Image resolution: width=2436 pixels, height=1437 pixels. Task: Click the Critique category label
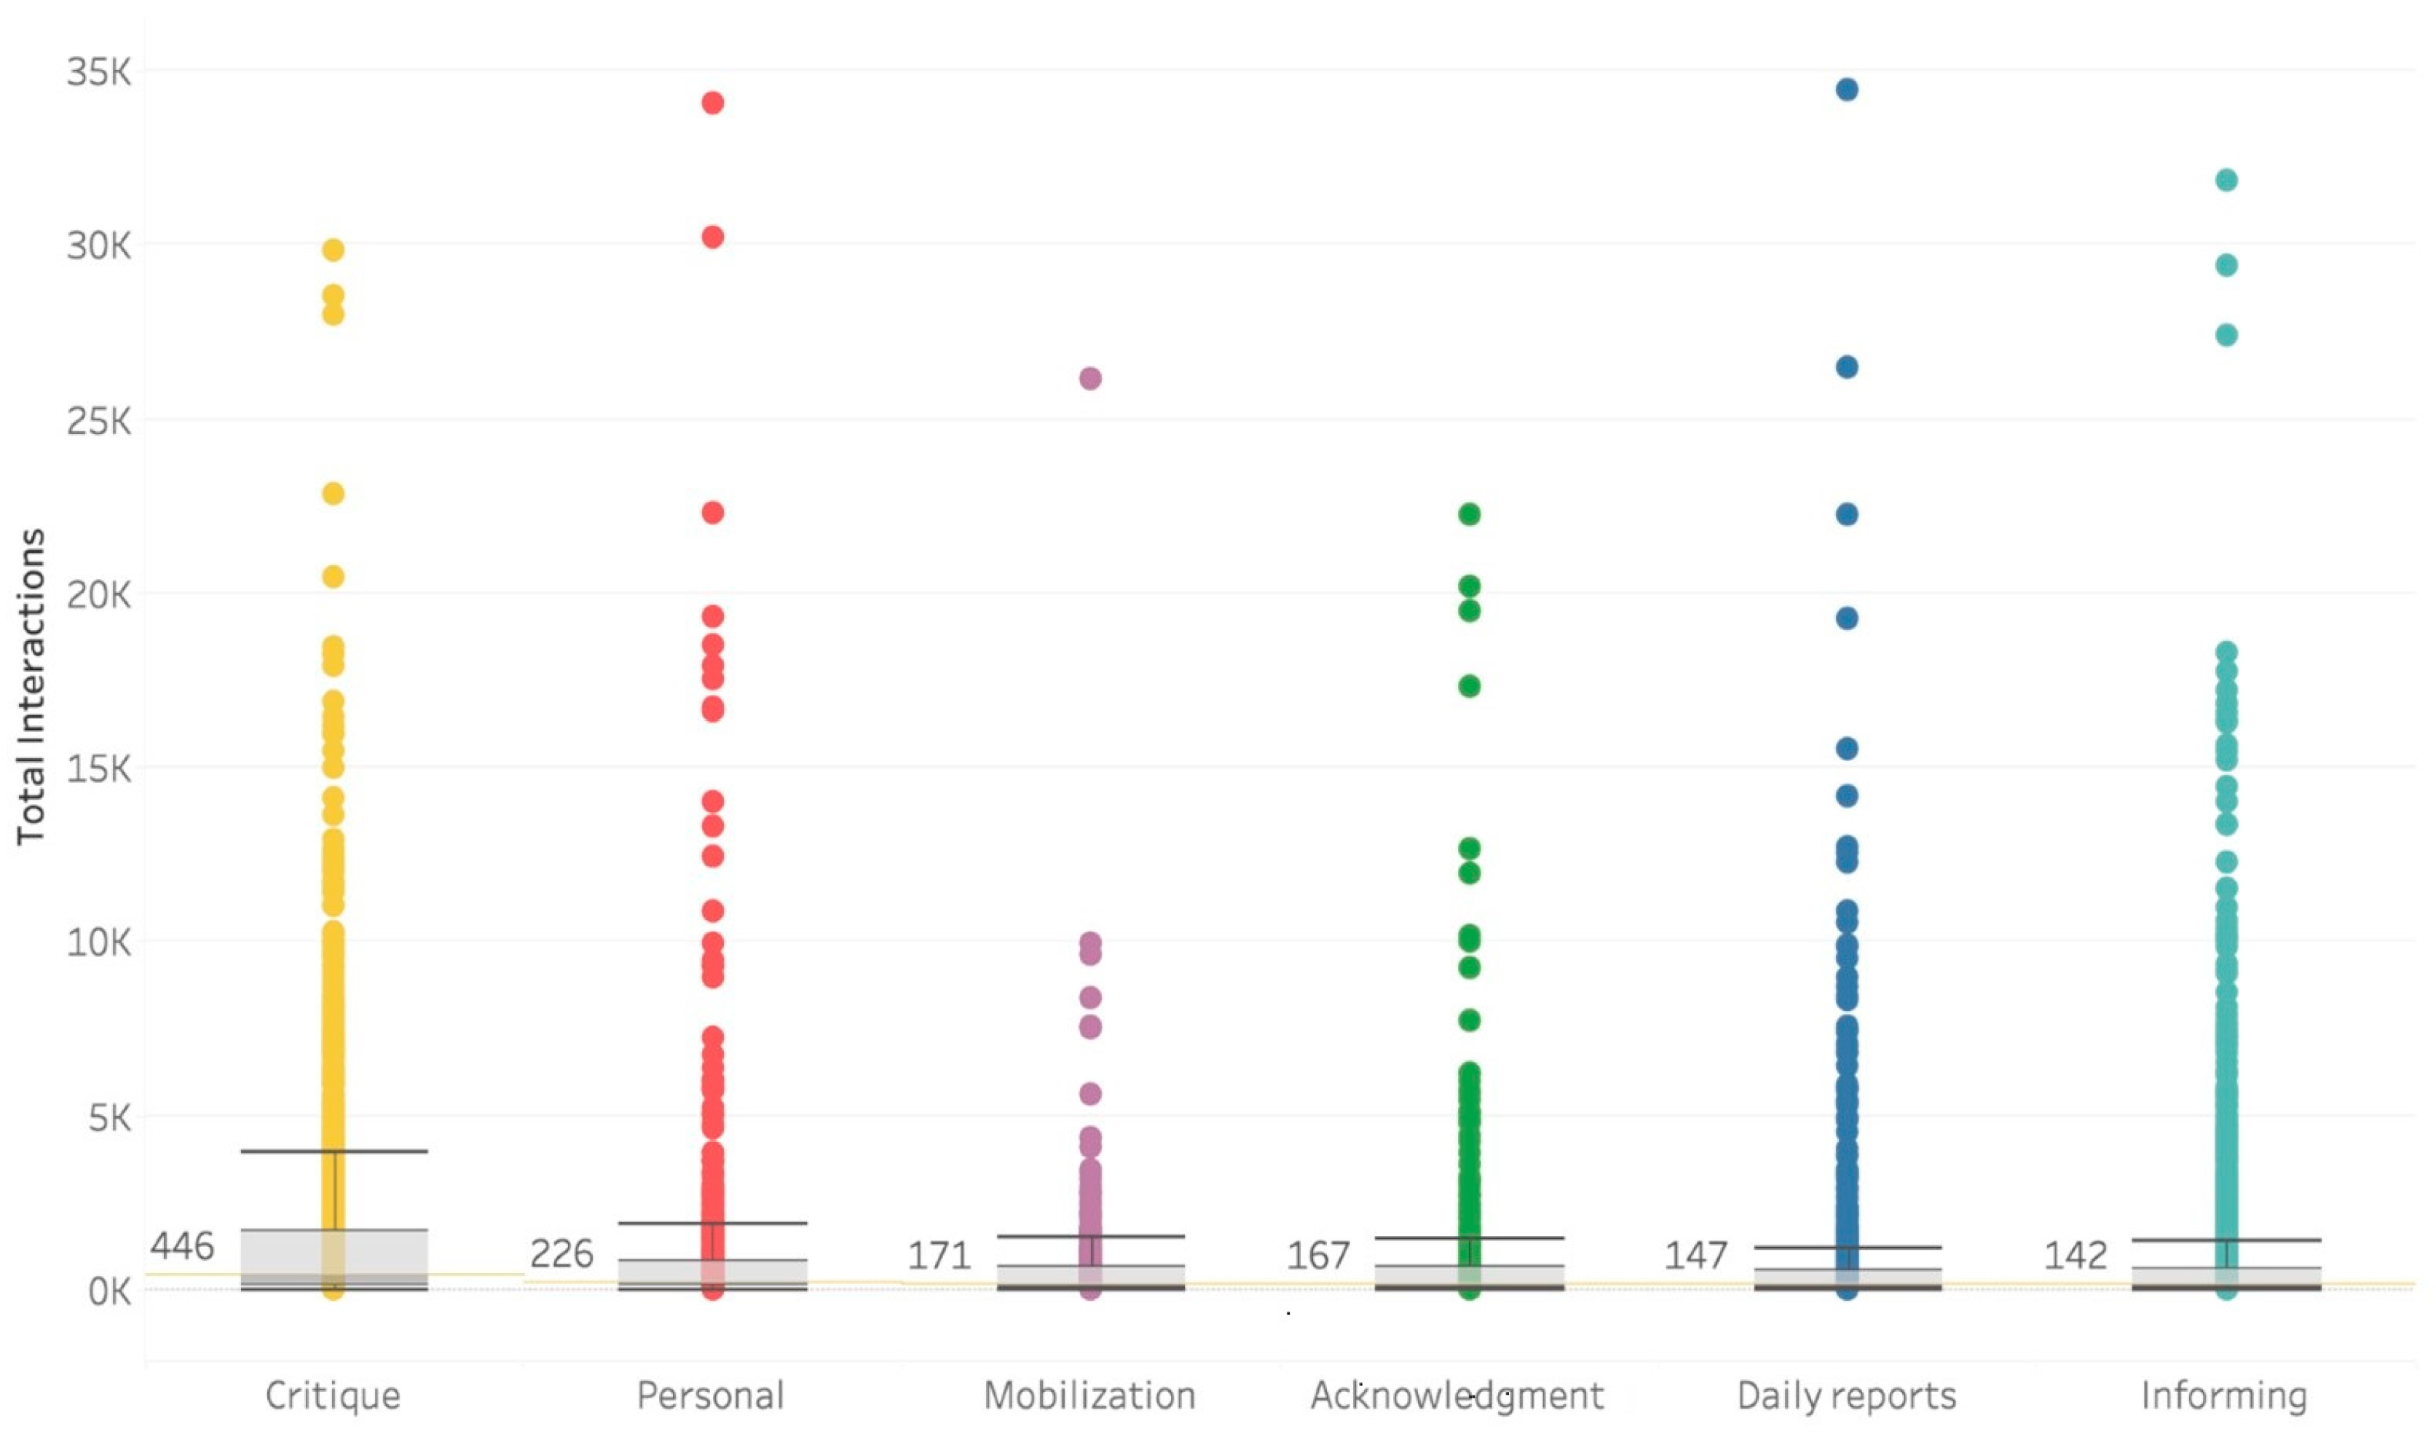332,1395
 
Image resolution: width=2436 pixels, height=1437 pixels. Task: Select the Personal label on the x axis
711,1395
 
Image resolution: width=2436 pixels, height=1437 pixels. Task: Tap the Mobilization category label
1089,1395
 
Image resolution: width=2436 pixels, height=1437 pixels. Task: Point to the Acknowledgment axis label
1457,1395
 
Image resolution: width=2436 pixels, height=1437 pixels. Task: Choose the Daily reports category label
1846,1395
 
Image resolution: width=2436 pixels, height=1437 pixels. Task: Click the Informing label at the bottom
2224,1395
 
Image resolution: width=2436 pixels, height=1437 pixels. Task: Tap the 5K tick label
109,1117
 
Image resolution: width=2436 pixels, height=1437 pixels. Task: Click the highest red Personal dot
713,103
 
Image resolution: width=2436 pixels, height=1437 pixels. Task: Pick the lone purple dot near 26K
1090,379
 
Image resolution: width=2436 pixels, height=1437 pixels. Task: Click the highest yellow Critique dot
333,250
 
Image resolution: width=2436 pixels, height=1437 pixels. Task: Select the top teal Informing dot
2227,180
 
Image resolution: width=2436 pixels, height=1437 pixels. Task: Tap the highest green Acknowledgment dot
1470,514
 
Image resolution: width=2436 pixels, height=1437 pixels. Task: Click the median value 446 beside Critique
182,1245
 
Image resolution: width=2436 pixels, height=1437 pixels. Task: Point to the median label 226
561,1254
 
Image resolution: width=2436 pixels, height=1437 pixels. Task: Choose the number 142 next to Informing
2075,1256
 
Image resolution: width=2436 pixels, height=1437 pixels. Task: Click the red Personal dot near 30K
713,237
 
